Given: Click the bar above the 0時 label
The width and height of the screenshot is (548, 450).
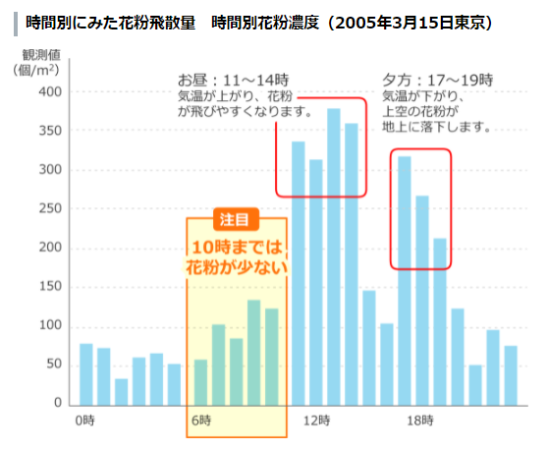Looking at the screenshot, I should point(85,374).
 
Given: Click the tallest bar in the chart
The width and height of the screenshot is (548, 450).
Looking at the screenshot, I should point(334,256).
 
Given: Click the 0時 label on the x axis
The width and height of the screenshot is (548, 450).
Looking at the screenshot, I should point(85,421).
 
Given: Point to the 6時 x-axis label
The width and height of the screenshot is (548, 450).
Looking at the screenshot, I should point(200,421).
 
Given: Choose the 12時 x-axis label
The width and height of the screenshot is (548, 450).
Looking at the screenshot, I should point(315,421).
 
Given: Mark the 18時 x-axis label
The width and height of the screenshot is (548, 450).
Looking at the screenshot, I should point(421,421).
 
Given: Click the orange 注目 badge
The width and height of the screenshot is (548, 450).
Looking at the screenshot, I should point(236,220).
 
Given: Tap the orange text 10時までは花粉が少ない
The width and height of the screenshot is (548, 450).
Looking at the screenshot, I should point(236,255).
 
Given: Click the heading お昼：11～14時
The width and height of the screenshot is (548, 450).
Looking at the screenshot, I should point(234,78).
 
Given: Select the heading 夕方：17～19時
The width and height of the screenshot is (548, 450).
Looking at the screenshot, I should point(437,78).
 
